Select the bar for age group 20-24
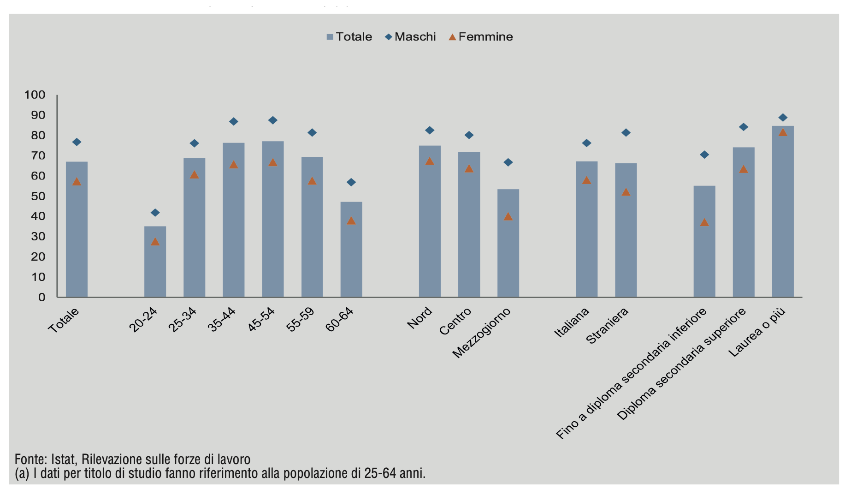click(155, 262)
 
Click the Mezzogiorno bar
click(508, 243)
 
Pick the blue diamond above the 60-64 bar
click(351, 182)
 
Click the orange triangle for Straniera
click(626, 192)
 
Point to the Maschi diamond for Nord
click(430, 131)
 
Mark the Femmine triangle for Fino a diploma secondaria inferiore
click(704, 222)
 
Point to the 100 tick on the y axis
click(35, 95)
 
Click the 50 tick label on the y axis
click(38, 196)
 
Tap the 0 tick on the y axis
click(42, 297)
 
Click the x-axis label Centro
click(455, 321)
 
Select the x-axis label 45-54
click(262, 319)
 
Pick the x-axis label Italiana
click(572, 322)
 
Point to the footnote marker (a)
click(22, 473)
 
